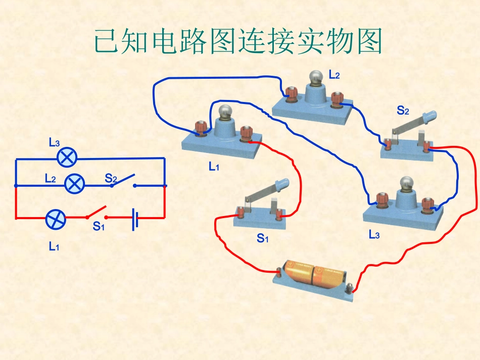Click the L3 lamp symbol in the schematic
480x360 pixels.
[67, 158]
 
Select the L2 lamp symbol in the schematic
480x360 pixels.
[75, 183]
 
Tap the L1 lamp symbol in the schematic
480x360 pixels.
[56, 219]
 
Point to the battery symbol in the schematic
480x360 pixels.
[135, 218]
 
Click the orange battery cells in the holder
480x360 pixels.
[314, 274]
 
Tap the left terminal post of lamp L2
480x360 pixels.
[291, 94]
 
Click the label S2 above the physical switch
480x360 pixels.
[403, 110]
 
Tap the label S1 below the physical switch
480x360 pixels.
[262, 238]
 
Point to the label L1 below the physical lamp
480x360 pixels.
[214, 166]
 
